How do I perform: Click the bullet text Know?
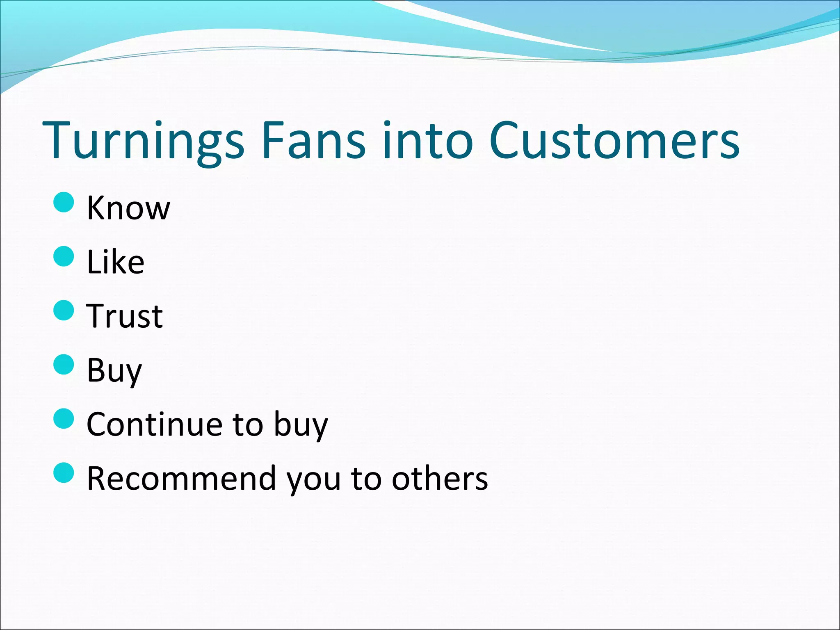tap(128, 208)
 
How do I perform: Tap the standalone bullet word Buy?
tap(114, 370)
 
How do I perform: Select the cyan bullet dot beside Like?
tap(64, 256)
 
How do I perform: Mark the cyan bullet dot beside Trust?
tap(64, 310)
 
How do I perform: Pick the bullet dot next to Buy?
tap(64, 364)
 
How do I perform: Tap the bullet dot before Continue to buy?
tap(64, 418)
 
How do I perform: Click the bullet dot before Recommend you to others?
tap(64, 472)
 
